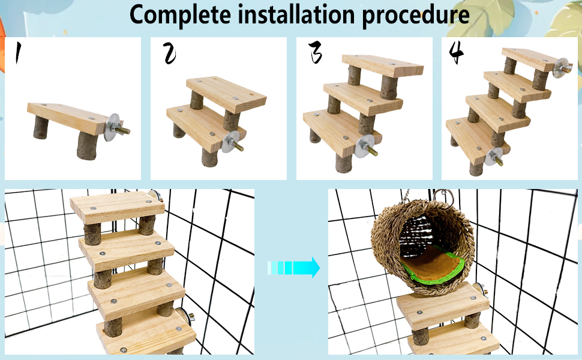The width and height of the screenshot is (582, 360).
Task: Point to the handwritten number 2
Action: [170, 55]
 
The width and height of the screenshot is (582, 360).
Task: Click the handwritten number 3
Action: [316, 53]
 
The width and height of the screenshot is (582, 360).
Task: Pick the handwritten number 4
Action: [457, 53]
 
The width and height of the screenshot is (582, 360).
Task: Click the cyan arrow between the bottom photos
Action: [294, 268]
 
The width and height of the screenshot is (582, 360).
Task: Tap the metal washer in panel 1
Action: [113, 128]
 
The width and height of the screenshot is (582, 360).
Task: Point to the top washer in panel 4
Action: [562, 67]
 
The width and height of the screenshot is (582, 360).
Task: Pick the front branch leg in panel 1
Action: [86, 146]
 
